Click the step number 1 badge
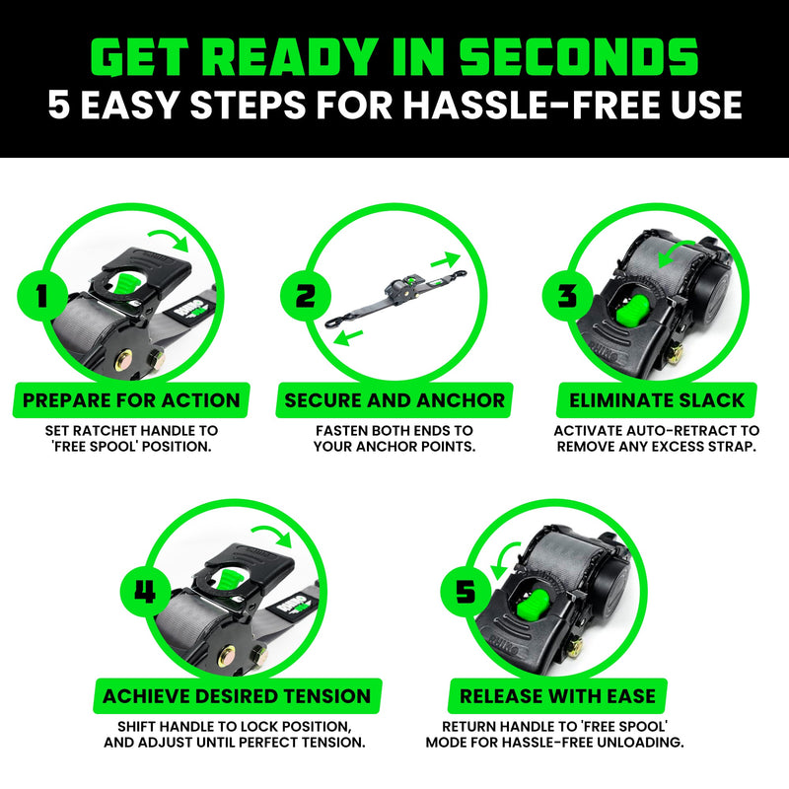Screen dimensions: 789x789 tap(40, 294)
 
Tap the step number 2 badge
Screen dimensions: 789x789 tap(298, 295)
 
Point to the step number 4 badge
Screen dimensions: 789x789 tap(146, 593)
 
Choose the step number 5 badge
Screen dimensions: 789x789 tap(465, 593)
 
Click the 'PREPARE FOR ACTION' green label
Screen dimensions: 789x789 tap(131, 400)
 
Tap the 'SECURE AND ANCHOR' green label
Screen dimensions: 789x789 tap(394, 400)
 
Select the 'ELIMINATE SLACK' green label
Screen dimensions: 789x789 tap(657, 400)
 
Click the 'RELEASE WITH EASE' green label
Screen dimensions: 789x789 tap(558, 696)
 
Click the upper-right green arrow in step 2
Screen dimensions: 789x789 tap(445, 259)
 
